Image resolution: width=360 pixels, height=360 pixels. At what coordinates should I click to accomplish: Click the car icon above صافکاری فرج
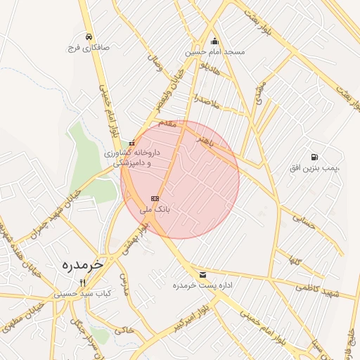[89, 37]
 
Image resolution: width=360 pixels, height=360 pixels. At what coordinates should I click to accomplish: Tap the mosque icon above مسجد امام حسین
[214, 41]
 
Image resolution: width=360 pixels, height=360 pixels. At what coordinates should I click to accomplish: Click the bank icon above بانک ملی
[155, 198]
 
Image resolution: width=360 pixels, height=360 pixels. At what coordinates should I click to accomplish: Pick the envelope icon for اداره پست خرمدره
[203, 275]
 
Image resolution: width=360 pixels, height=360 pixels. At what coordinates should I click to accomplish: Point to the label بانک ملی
[155, 210]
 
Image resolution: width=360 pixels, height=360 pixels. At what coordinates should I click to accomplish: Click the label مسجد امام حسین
[215, 52]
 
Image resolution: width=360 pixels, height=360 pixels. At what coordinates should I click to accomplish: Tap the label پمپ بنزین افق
[315, 169]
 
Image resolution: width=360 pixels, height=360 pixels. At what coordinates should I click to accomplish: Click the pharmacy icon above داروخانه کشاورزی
[131, 143]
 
